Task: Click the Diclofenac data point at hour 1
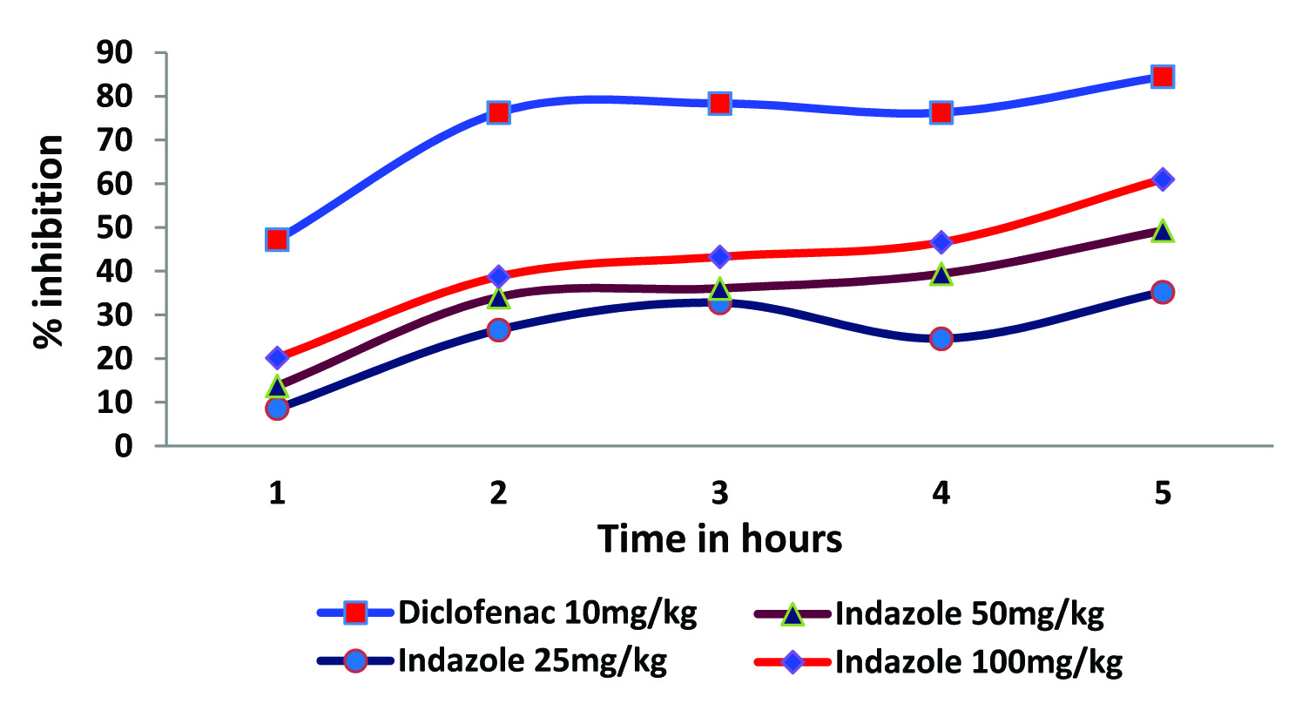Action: click(x=277, y=240)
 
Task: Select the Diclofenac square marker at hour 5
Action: click(x=1162, y=77)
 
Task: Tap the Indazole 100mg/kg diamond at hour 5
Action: click(x=1162, y=179)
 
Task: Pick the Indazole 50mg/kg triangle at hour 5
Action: click(x=1162, y=231)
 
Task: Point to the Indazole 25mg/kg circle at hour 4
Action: click(x=941, y=339)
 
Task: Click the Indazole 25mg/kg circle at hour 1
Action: click(x=277, y=408)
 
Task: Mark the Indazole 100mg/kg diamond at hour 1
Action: click(x=277, y=357)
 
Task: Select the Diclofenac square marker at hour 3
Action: click(x=719, y=104)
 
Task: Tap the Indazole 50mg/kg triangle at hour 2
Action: click(x=498, y=298)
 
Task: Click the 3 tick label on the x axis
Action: click(x=719, y=493)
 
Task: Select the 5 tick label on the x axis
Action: click(x=1162, y=493)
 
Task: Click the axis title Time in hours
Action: click(x=719, y=538)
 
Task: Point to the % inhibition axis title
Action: click(x=50, y=241)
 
